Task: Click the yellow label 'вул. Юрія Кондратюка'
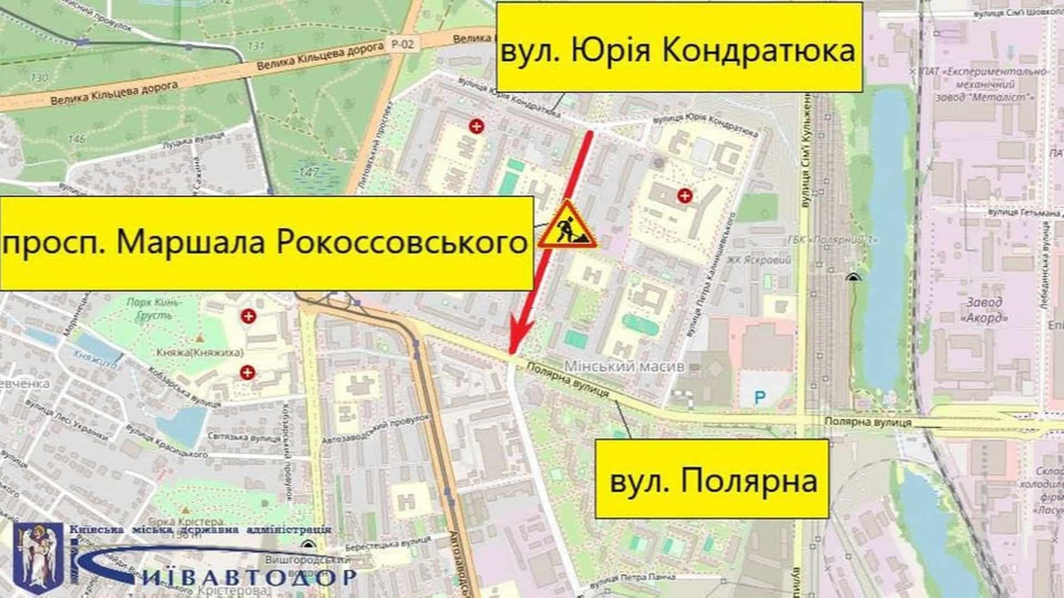coord(678,47)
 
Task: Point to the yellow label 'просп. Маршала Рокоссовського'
coord(266,243)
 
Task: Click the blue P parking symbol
coord(760,397)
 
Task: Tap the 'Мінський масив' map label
coord(624,366)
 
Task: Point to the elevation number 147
coord(308,172)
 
